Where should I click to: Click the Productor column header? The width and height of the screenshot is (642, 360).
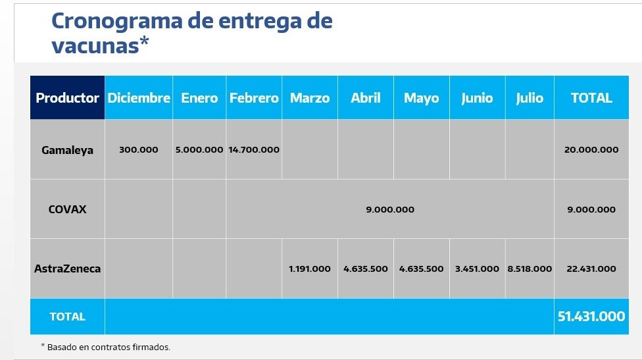(67, 98)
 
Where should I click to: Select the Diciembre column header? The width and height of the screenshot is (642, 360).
(139, 98)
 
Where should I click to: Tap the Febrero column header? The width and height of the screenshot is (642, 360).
(254, 98)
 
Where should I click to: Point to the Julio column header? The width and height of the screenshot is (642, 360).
(530, 98)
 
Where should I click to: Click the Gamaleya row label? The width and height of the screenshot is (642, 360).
(67, 150)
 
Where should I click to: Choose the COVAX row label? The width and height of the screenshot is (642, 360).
(67, 210)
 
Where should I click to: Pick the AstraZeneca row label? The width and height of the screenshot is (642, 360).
(67, 269)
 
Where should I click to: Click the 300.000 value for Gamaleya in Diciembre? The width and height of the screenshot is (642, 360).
(139, 150)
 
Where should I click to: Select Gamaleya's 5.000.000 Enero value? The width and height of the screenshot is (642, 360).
(199, 150)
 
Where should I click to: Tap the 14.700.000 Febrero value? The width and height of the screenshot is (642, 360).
(254, 150)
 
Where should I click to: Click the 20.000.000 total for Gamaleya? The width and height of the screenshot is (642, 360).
(591, 150)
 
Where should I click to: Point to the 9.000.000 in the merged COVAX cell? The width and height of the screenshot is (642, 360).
(390, 210)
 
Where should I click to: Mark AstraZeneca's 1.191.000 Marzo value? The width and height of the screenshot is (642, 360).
(310, 269)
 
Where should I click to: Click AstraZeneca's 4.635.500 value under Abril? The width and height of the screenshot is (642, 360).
(366, 269)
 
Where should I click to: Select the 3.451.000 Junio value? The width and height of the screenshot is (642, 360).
(477, 269)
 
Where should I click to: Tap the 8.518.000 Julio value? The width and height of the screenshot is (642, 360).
(530, 269)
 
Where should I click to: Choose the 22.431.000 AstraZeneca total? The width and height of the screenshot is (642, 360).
(591, 269)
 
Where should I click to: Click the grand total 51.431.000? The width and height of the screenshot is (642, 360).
(591, 317)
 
